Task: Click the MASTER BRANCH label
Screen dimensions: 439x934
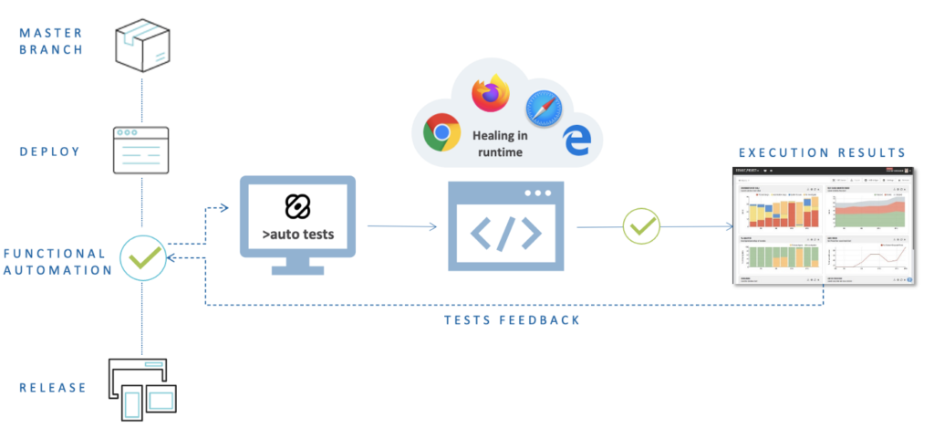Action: pos(51,41)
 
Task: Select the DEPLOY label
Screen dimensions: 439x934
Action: pos(51,151)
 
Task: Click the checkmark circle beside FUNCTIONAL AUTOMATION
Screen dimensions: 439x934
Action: pos(142,258)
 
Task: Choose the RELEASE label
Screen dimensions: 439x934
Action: pos(53,388)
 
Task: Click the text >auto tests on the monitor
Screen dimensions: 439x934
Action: pos(297,235)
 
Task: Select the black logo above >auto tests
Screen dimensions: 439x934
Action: pos(297,206)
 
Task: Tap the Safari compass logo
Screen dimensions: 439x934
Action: pos(543,110)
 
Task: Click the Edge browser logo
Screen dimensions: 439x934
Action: pos(576,140)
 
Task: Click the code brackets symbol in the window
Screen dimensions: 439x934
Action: pos(507,234)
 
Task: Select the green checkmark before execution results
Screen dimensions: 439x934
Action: pos(641,225)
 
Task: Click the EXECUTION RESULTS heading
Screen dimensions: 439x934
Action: pos(822,152)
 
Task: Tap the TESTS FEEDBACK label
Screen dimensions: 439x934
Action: pos(512,320)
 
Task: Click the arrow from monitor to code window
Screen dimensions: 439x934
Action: pos(401,225)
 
